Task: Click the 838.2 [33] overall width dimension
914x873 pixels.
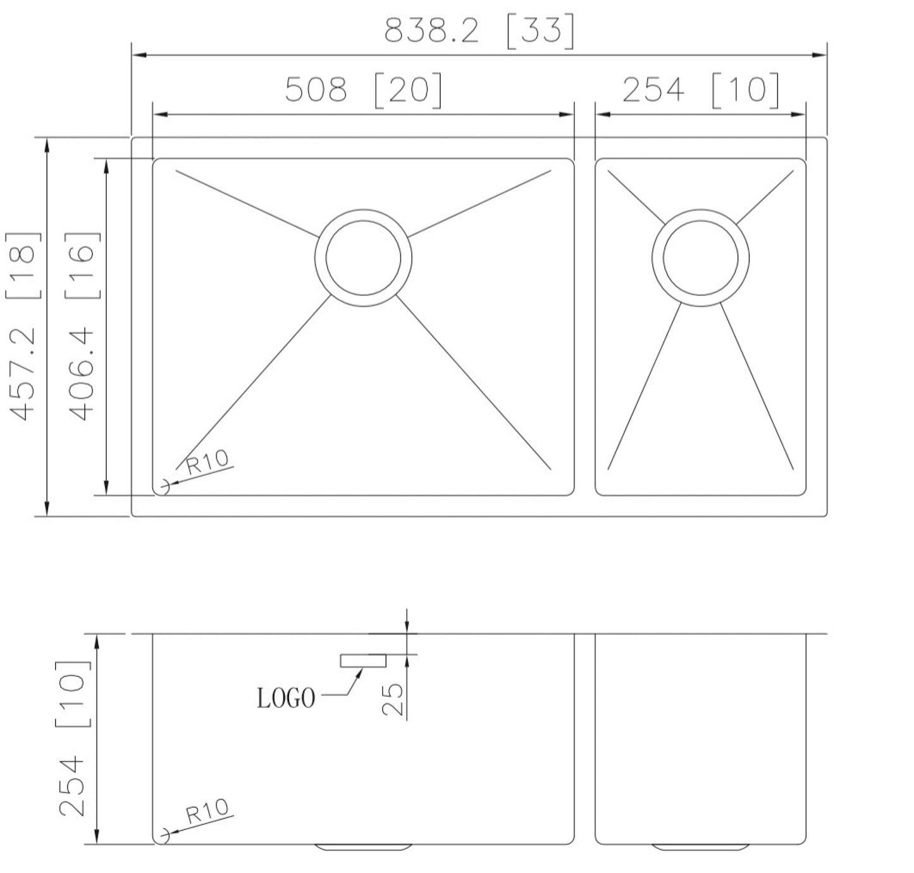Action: (x=479, y=30)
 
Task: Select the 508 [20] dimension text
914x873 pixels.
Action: (x=362, y=90)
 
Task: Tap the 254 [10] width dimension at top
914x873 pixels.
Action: (x=700, y=89)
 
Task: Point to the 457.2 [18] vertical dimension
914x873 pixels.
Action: (x=24, y=326)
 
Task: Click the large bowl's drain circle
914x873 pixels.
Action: (x=363, y=257)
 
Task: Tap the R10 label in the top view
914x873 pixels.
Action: (x=207, y=463)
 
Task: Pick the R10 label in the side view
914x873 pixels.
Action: (x=207, y=811)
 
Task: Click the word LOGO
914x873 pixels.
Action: (x=286, y=699)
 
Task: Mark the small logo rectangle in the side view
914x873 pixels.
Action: (x=363, y=661)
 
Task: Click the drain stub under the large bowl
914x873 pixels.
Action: (x=363, y=846)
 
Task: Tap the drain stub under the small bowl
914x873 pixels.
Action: (x=700, y=846)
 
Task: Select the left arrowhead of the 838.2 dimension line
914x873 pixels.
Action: (x=139, y=56)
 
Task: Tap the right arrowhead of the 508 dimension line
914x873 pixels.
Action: (x=567, y=114)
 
